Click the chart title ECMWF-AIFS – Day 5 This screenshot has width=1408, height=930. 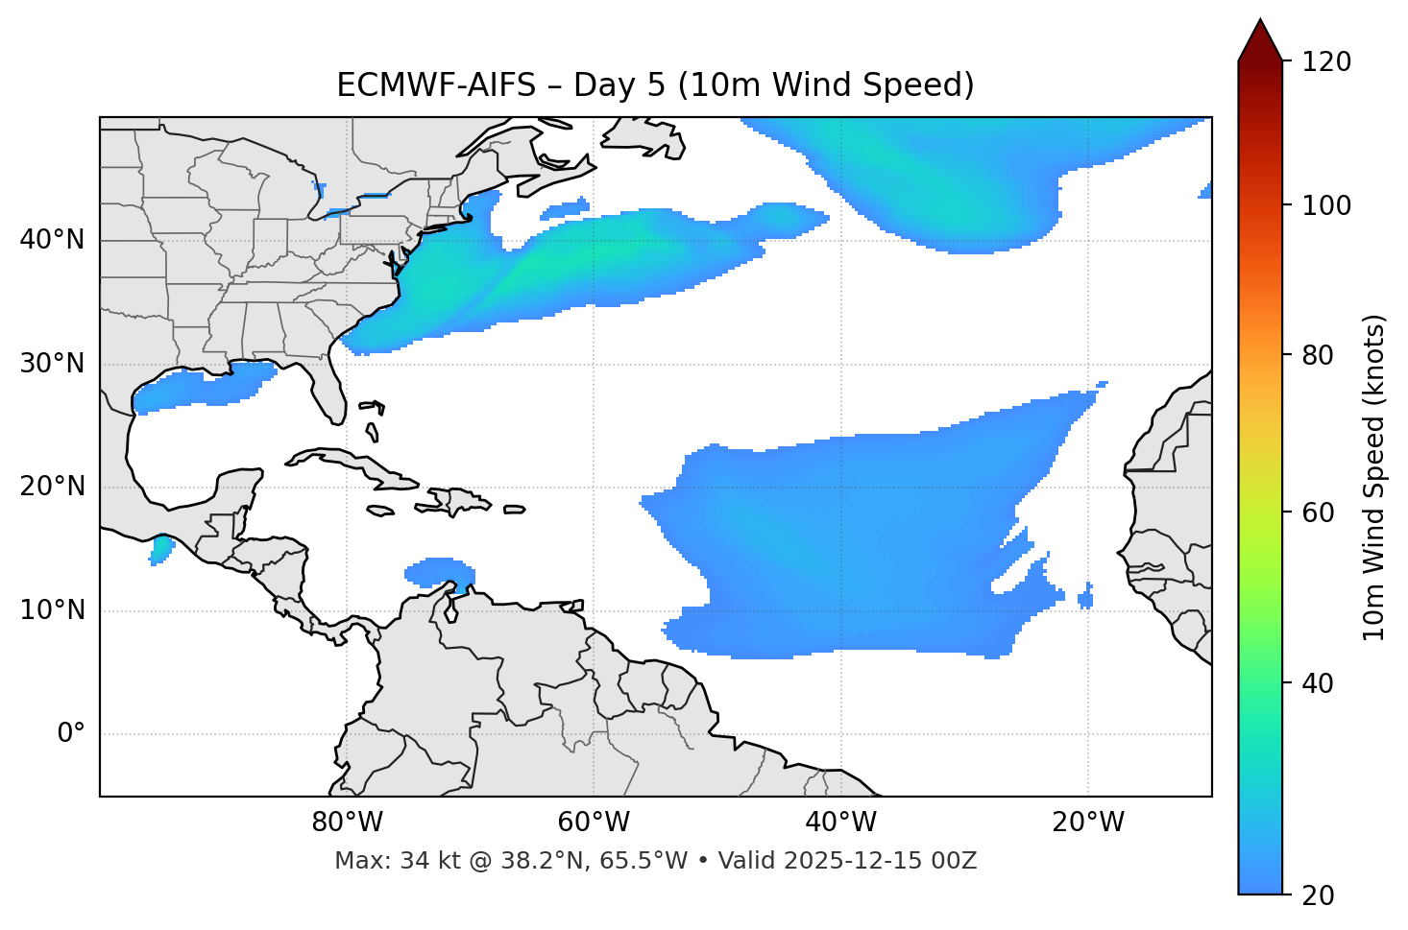(x=655, y=85)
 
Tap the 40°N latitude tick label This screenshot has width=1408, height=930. (x=52, y=240)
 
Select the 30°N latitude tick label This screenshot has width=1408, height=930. (x=52, y=364)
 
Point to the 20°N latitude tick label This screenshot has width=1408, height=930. (x=52, y=487)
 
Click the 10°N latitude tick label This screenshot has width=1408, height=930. (x=52, y=610)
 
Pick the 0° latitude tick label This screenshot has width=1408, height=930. (x=71, y=734)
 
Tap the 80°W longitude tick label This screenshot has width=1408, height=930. (x=347, y=823)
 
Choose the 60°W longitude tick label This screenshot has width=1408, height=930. (x=594, y=823)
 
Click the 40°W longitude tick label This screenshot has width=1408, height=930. (x=840, y=823)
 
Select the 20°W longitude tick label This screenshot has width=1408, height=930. (x=1087, y=823)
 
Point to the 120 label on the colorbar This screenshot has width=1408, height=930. (x=1326, y=62)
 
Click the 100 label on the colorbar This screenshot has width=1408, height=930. (x=1326, y=205)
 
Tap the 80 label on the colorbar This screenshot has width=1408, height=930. (x=1320, y=355)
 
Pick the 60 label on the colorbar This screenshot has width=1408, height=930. (x=1320, y=513)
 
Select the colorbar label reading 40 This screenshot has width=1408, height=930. (x=1320, y=683)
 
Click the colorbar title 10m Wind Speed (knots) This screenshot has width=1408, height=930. (x=1374, y=477)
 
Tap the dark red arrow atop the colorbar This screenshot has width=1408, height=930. (x=1260, y=41)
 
